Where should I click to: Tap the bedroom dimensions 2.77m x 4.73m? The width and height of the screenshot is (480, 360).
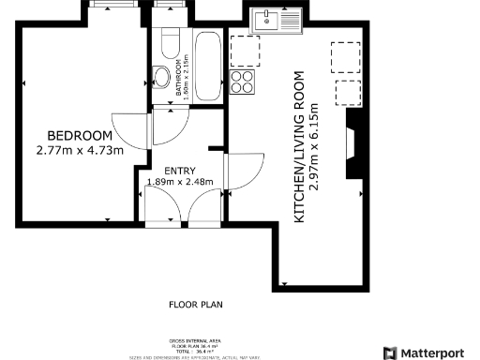tap(79, 150)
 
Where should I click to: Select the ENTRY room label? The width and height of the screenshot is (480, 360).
tap(179, 169)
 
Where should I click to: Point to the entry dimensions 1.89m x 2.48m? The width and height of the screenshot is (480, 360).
tap(180, 181)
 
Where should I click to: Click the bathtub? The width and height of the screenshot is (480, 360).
tap(207, 62)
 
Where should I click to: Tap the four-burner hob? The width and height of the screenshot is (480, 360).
tap(242, 82)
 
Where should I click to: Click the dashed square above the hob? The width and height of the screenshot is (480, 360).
tap(243, 48)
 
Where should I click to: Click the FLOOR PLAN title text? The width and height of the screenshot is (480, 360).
tap(196, 304)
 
